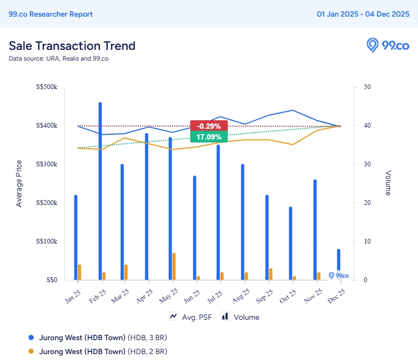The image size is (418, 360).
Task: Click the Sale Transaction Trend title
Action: point(72,46)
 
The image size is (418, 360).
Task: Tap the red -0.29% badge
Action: point(209,126)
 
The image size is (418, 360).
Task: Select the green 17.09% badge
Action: point(209,137)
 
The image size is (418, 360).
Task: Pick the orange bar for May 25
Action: point(174,266)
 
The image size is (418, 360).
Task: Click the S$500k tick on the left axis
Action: point(47,87)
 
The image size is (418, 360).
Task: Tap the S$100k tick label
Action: point(47,241)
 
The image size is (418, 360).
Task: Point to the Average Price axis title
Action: point(19,183)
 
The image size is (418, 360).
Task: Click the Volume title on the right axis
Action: point(387,183)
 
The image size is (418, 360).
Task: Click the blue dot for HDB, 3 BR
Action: point(31,337)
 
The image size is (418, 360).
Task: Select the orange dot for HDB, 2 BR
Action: point(31,351)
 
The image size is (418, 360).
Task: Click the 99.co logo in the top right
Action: point(388,46)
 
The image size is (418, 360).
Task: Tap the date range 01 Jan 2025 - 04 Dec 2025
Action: point(363,14)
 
